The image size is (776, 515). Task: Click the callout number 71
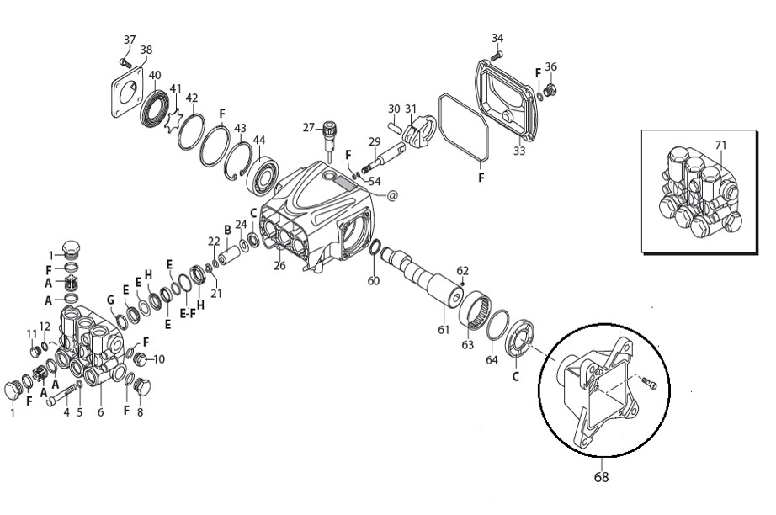(x=721, y=145)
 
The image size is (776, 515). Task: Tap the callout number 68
(x=601, y=477)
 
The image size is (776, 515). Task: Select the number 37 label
(x=129, y=40)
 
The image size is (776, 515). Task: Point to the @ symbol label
(x=392, y=196)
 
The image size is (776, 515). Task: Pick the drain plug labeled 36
(x=549, y=91)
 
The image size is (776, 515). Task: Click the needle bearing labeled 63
(x=475, y=309)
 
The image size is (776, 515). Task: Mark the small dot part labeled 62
(x=462, y=284)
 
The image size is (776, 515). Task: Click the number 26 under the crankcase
(x=279, y=266)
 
